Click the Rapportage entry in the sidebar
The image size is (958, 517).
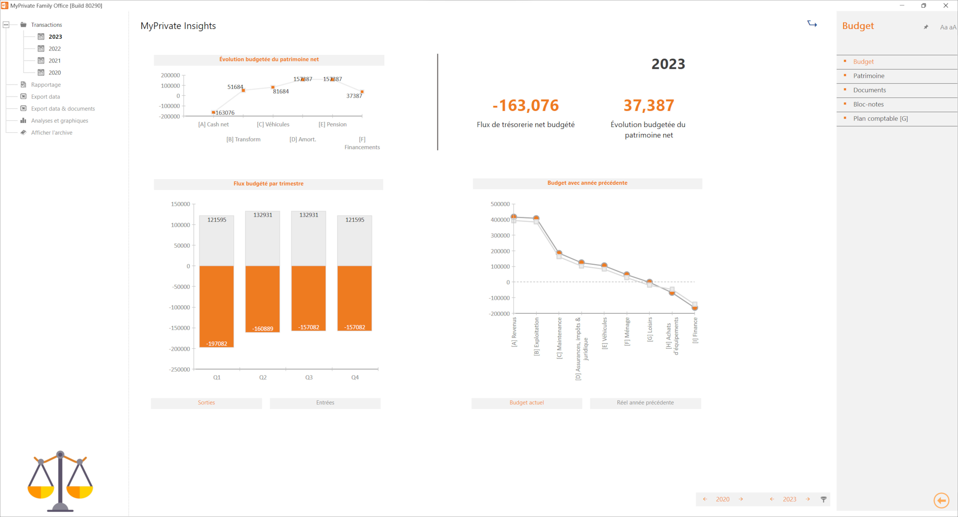pos(46,84)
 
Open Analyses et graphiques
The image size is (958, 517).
pos(60,121)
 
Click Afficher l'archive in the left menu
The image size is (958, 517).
pos(52,132)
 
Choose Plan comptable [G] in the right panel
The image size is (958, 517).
pos(880,118)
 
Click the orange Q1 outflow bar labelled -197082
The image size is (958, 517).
pos(216,306)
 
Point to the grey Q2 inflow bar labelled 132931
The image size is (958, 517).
pos(262,238)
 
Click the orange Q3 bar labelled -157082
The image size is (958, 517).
pos(309,298)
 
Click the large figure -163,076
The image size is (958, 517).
pos(525,105)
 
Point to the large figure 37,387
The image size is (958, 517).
pos(649,105)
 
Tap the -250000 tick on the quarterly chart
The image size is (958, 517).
pos(180,369)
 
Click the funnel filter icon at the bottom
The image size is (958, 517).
pos(823,499)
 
